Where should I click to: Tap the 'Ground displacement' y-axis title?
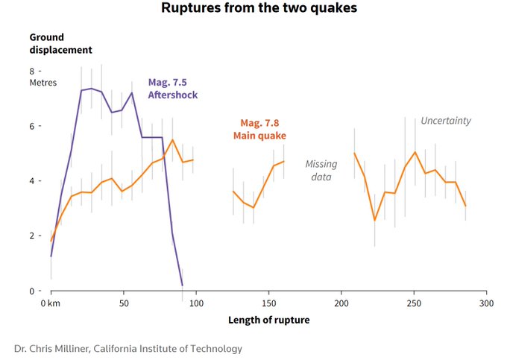click(60, 43)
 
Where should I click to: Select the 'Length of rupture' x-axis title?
click(268, 320)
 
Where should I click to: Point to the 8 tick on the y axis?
click(33, 71)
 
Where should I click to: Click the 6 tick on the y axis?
click(33, 126)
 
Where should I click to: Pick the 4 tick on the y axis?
click(33, 180)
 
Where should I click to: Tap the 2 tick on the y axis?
click(33, 236)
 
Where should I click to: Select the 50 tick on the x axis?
click(124, 303)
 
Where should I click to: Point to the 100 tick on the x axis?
click(196, 303)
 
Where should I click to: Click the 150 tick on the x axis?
click(268, 303)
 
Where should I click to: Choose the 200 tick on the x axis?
click(341, 303)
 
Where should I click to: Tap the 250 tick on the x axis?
click(414, 303)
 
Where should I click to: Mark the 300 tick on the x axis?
click(486, 303)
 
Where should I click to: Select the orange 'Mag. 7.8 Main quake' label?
click(259, 129)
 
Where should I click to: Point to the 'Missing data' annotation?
click(321, 170)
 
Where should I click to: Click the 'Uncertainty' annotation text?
click(446, 121)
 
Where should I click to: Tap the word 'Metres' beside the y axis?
click(43, 83)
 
